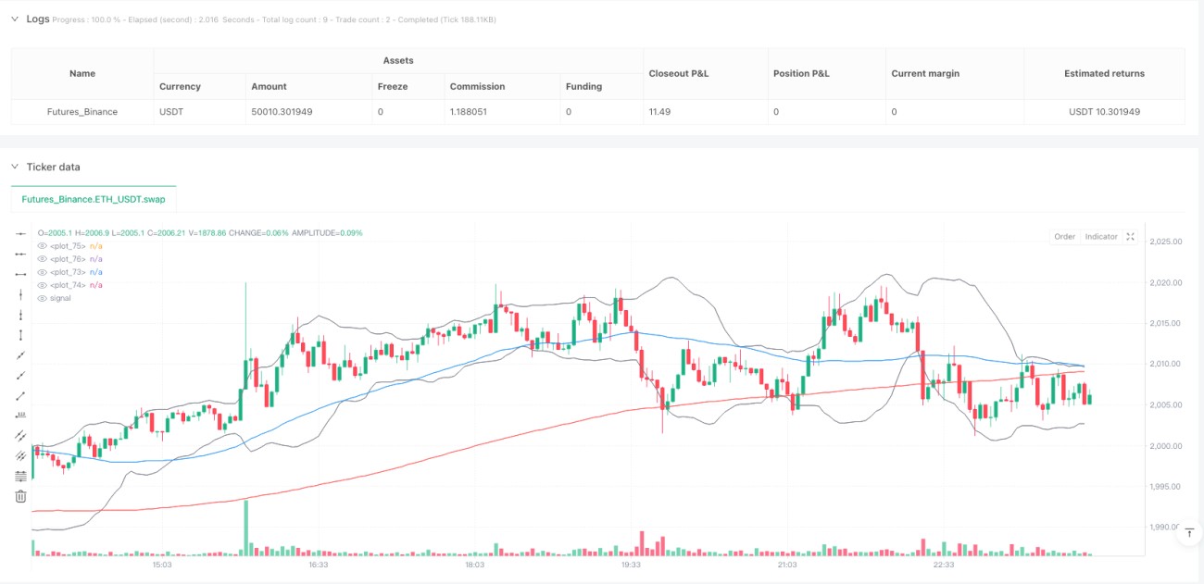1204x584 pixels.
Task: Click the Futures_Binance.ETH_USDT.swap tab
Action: click(x=94, y=199)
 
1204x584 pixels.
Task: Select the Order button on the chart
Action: click(x=1064, y=236)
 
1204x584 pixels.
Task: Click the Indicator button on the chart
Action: click(x=1101, y=236)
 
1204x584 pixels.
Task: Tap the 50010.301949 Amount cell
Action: click(x=282, y=112)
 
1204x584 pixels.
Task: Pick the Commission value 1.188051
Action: click(x=468, y=112)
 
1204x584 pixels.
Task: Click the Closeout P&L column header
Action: click(x=678, y=74)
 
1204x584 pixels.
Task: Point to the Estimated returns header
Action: click(x=1104, y=74)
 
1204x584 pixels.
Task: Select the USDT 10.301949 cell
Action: click(x=1104, y=112)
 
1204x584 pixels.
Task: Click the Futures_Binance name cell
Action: click(x=82, y=112)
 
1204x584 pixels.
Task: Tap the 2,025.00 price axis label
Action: click(x=1166, y=242)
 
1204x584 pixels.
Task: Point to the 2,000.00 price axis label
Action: click(x=1166, y=446)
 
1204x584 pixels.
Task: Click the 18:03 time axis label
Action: click(x=474, y=565)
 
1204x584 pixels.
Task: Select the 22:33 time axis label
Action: click(x=944, y=565)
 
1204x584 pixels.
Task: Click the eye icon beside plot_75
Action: click(x=42, y=246)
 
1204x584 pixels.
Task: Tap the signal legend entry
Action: click(x=60, y=298)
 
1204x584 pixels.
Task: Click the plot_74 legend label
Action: click(x=68, y=285)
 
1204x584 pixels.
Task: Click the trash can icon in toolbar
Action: click(x=20, y=496)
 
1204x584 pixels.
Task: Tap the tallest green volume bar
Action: click(x=246, y=528)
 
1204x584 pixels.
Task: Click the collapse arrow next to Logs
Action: click(x=15, y=19)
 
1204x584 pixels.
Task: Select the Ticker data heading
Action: click(x=53, y=168)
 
